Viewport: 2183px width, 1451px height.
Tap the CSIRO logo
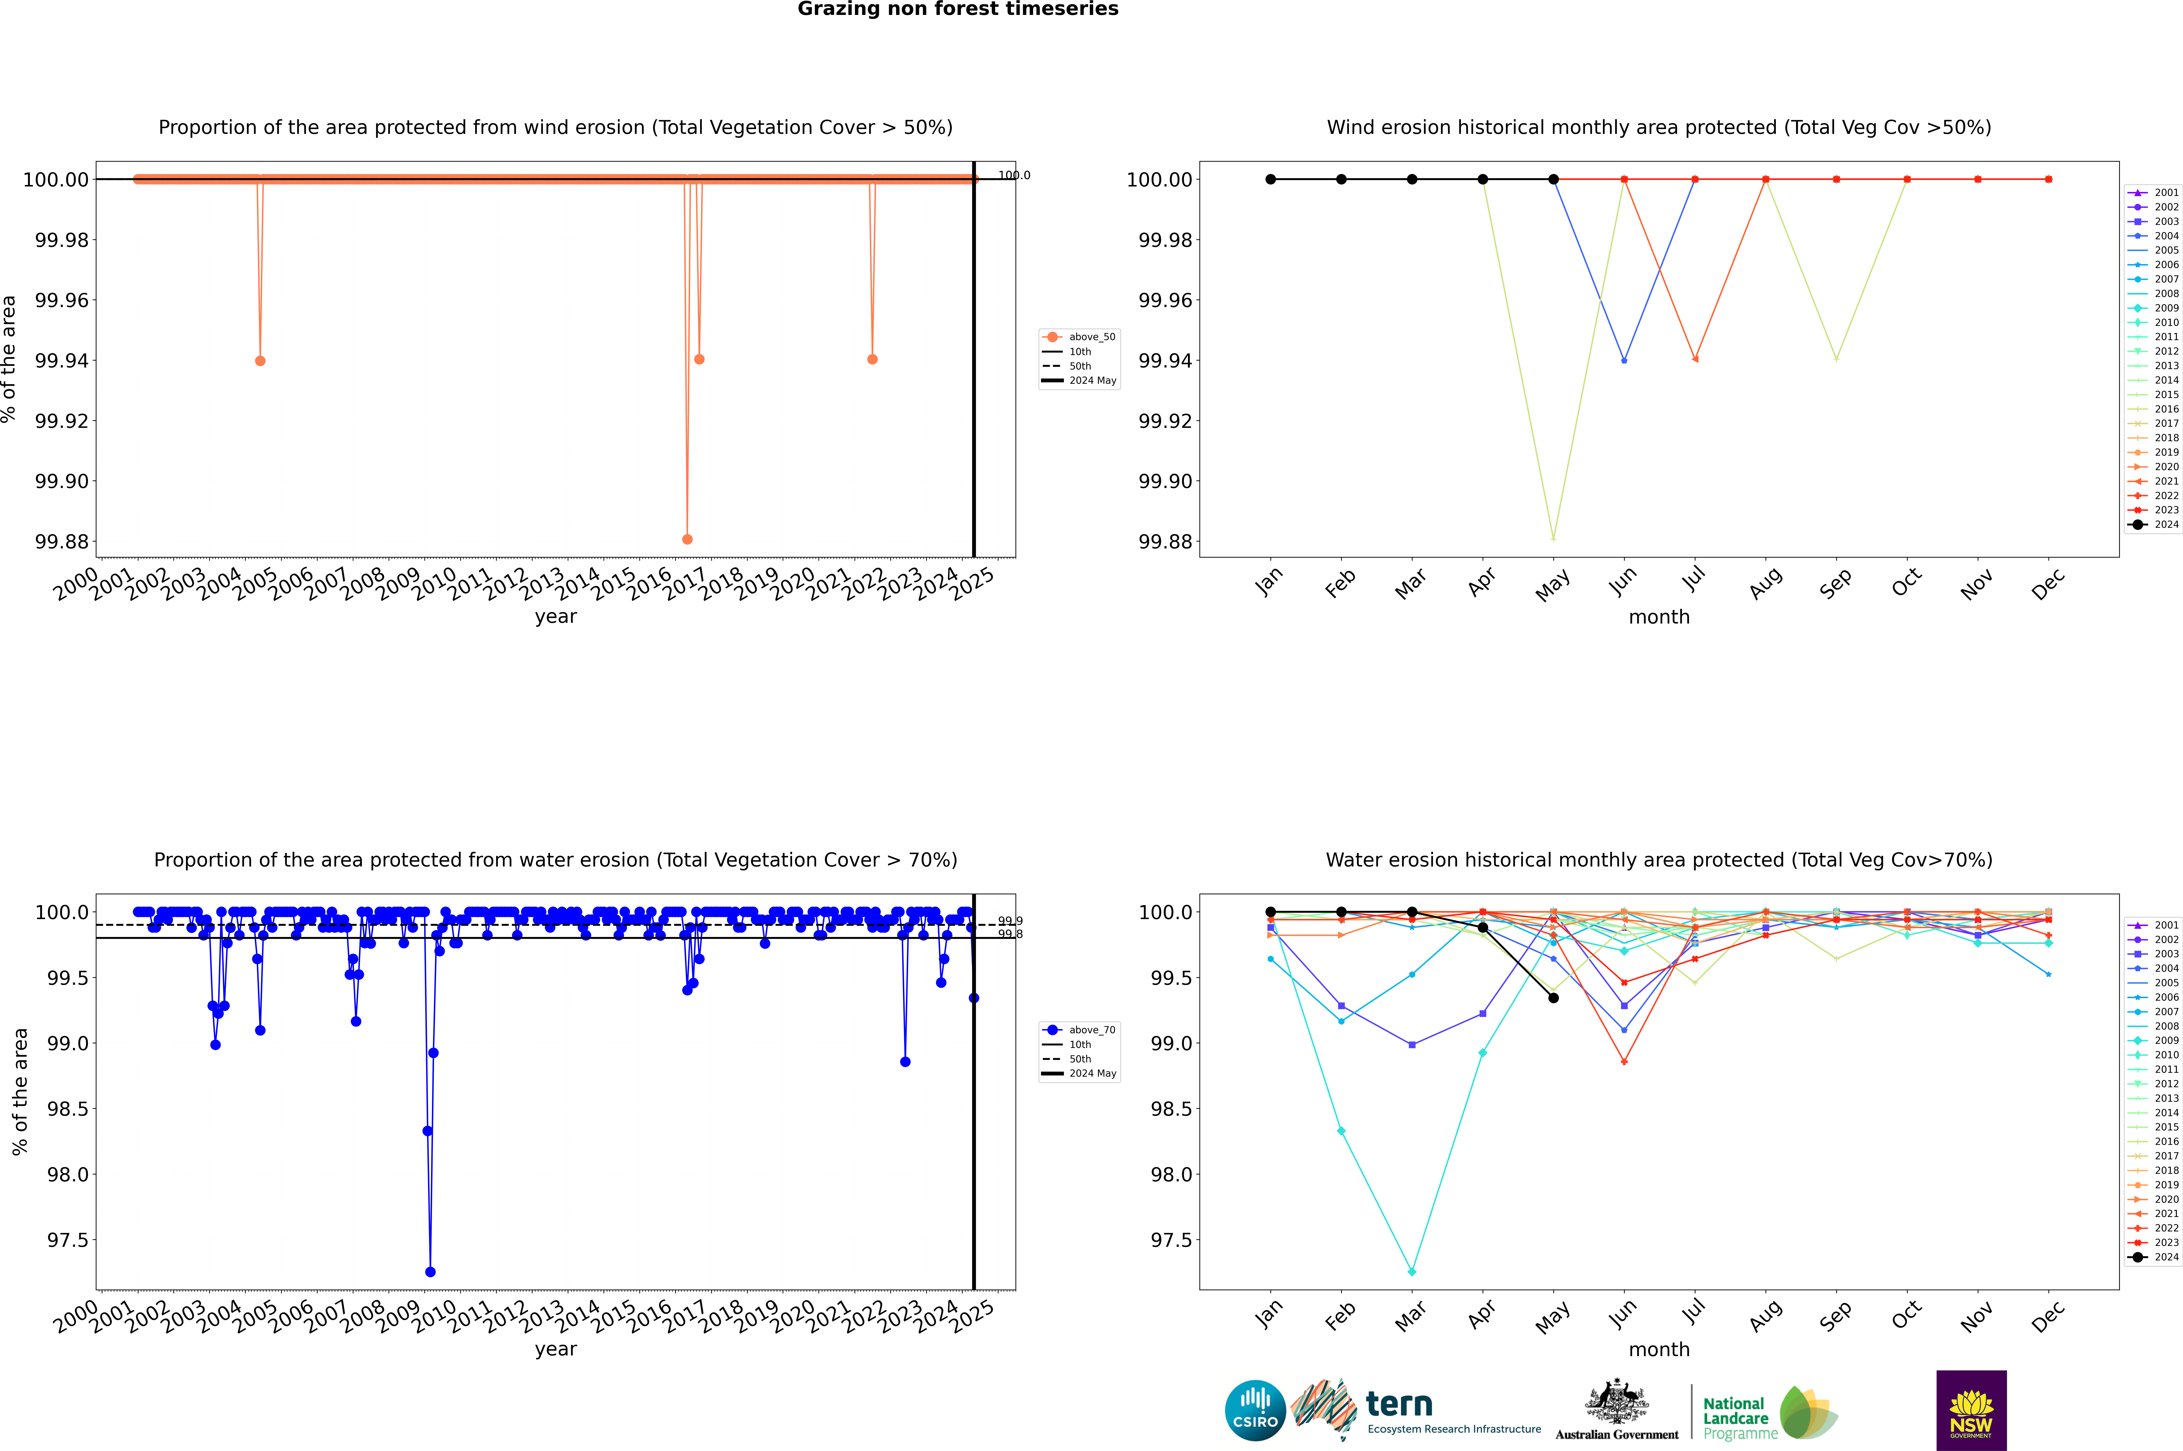[1255, 1410]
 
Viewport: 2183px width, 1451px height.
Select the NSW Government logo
[1971, 1410]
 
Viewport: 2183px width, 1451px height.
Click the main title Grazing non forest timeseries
[958, 9]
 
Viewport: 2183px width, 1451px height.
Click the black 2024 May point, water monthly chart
[1553, 998]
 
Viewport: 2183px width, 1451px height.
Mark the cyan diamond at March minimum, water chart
[1411, 1271]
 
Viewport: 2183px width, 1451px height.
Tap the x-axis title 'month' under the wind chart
[1658, 617]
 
